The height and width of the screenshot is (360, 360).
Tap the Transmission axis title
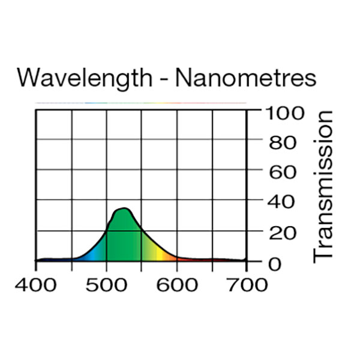324,186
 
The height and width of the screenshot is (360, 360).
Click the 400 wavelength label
36,284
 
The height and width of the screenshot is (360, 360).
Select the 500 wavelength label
107,284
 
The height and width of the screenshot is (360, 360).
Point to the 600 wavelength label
177,284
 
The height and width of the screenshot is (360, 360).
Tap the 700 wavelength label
247,284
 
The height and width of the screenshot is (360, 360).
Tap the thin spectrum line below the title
141,103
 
